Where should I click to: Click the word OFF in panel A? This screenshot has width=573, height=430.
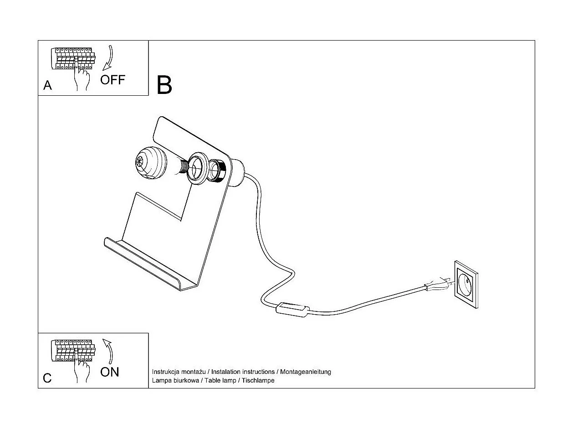coord(113,80)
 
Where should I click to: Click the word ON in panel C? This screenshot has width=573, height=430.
coord(110,372)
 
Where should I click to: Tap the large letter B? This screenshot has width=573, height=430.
coord(164,85)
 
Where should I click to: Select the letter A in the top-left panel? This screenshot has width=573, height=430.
coord(47,85)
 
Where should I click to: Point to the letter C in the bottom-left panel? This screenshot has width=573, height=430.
coord(47,378)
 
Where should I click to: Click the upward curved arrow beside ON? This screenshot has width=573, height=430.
coord(108,350)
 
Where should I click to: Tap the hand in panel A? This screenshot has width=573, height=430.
coord(82,78)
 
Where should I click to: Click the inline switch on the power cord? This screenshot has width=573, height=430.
coord(292,310)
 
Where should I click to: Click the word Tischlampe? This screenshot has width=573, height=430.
coord(258,380)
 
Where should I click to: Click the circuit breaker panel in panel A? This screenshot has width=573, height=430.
coord(73,58)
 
